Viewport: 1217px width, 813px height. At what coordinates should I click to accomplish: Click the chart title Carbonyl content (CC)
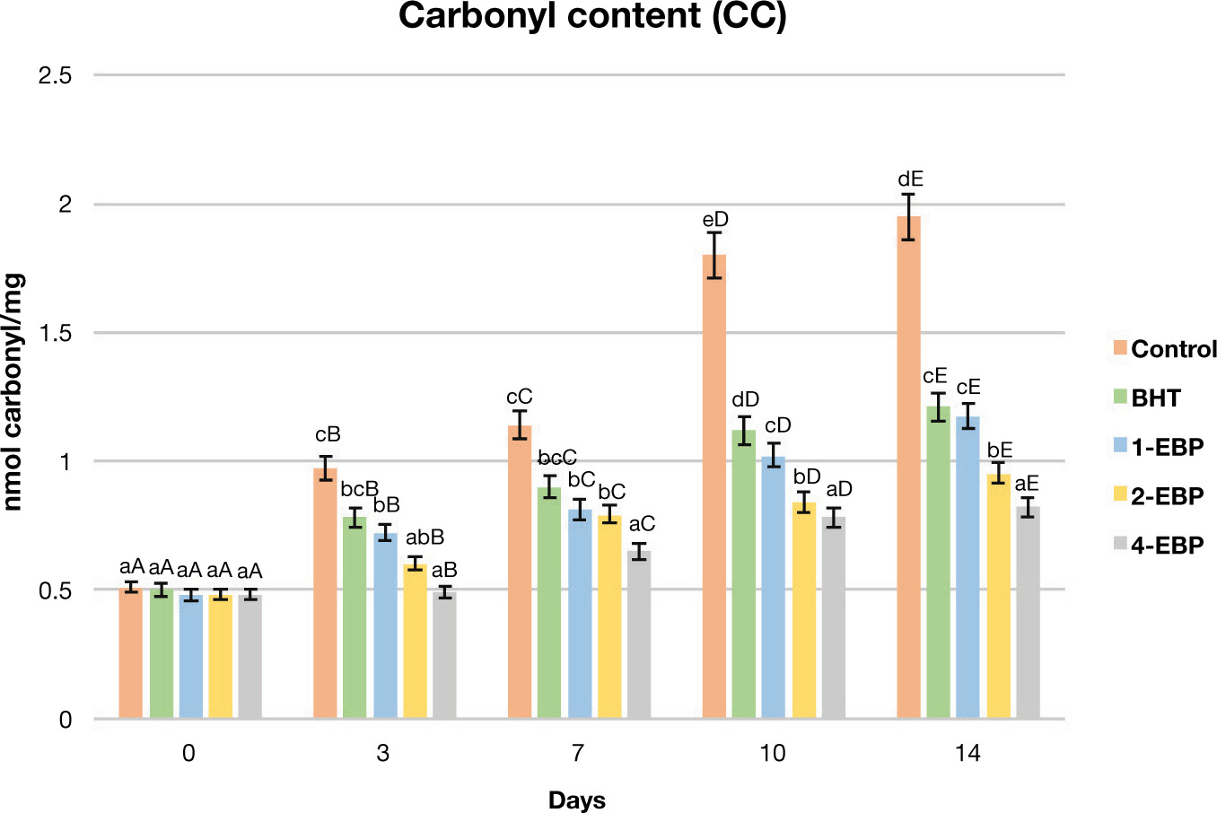tap(592, 18)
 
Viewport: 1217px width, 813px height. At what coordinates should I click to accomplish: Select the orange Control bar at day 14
tap(908, 467)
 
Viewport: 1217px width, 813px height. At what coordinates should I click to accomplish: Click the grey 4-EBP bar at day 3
tap(444, 655)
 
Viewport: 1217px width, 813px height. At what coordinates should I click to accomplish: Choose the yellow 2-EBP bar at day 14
tap(998, 597)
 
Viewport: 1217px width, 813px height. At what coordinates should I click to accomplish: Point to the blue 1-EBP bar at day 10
tap(774, 588)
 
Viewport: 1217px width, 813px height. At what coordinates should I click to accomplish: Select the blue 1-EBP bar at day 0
tap(190, 657)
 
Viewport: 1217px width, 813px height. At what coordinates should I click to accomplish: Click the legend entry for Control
tap(1164, 349)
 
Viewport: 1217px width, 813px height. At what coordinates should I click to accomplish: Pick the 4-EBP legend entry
tap(1157, 545)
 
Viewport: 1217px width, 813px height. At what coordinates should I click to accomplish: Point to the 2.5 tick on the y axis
tap(55, 76)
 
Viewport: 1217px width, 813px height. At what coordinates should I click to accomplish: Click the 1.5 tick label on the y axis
tap(55, 334)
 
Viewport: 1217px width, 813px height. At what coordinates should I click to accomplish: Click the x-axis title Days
tap(577, 800)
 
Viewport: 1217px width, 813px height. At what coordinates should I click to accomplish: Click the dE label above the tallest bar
tap(910, 179)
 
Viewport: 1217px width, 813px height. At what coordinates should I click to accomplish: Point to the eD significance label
tap(715, 220)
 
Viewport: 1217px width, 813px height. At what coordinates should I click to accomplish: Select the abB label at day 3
tap(425, 538)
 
